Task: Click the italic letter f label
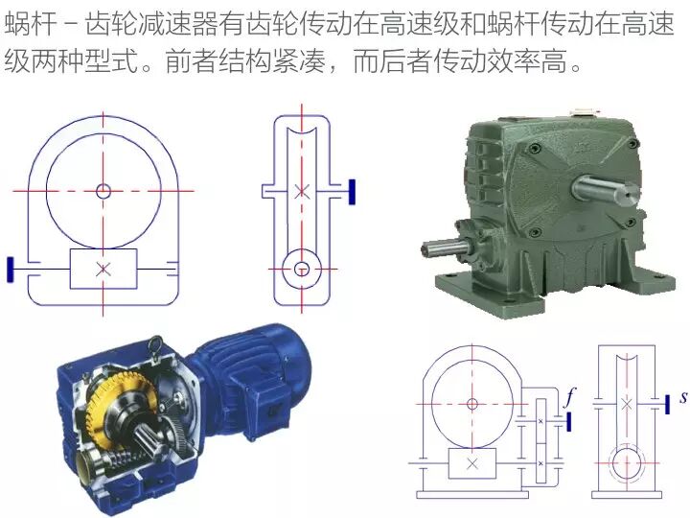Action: pos(570,398)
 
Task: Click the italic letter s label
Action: pos(682,397)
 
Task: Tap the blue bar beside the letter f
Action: pos(569,421)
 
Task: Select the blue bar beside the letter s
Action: pos(667,405)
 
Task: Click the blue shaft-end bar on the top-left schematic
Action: pos(11,270)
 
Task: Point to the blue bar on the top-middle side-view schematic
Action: pos(352,192)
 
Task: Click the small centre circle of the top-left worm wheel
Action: pos(103,191)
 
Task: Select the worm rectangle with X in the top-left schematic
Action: pos(103,269)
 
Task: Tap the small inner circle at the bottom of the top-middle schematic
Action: pos(302,269)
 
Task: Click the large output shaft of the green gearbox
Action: pos(605,188)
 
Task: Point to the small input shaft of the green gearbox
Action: pos(443,248)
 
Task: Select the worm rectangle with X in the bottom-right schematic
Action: pos(472,463)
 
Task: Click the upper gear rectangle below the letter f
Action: pos(540,421)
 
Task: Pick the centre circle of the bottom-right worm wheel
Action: pos(472,404)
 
